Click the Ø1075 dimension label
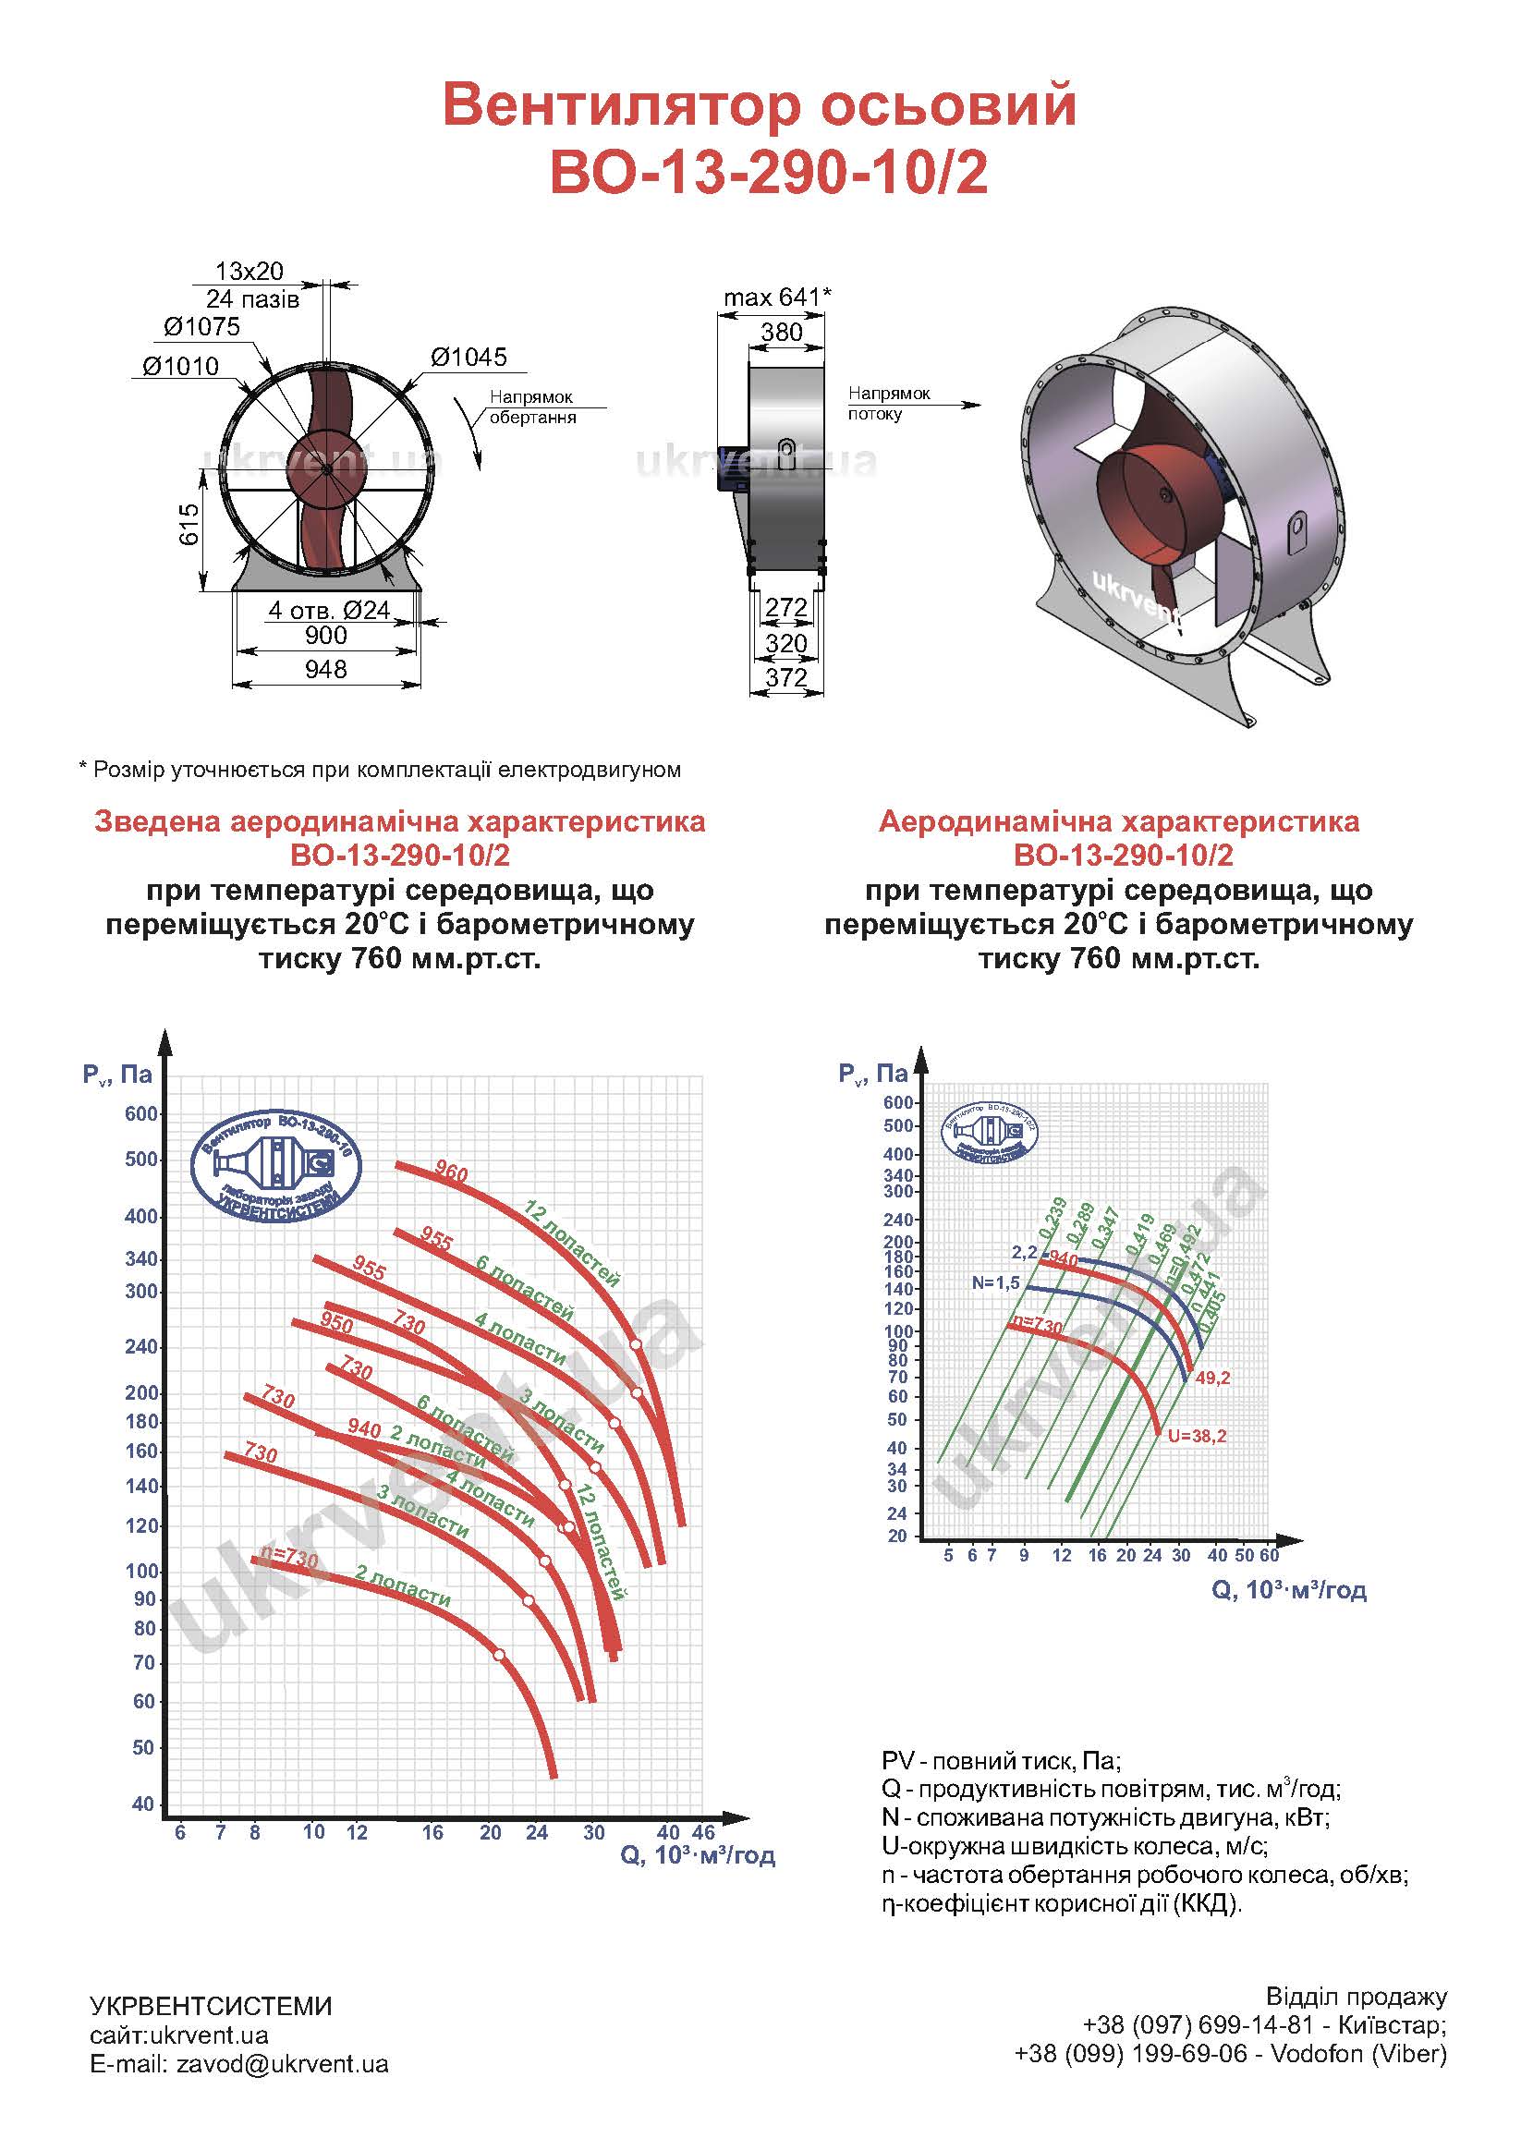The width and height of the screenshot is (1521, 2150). pos(201,327)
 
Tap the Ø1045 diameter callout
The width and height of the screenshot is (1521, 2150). pos(468,357)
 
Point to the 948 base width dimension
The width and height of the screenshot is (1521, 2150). pos(326,670)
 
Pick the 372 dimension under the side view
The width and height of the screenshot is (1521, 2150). pos(785,678)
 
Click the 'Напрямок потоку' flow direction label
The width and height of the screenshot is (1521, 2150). pos(889,404)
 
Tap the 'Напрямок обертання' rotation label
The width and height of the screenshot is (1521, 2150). pos(531,407)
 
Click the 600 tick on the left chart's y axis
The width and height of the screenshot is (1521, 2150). pos(141,1114)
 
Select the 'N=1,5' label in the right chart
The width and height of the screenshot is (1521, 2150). pos(995,1282)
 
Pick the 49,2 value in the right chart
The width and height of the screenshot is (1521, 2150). pos(1212,1378)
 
